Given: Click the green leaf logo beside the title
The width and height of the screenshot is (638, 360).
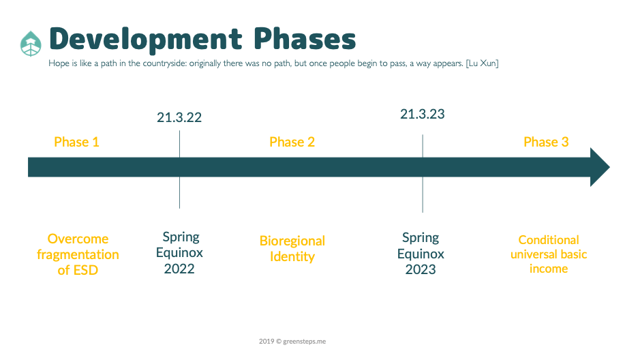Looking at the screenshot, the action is tap(31, 44).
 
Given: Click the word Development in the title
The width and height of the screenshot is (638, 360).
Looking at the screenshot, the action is tap(146, 40).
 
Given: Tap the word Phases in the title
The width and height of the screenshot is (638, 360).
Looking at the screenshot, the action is tap(305, 39).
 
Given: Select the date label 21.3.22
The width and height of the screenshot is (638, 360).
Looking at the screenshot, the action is tap(179, 117).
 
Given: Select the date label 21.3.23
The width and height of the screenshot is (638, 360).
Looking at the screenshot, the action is tap(423, 114).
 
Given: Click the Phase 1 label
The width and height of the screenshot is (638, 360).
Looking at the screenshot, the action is tap(76, 142).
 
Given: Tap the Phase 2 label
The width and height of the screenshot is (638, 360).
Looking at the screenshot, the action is tap(292, 142).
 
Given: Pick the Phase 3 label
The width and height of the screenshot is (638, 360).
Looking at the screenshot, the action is tap(546, 142).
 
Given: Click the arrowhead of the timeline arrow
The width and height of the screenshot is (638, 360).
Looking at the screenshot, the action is tap(599, 167).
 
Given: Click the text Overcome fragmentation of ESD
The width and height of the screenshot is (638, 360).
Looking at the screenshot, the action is tap(78, 254).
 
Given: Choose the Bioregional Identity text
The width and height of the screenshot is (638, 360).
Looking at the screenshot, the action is tap(292, 249).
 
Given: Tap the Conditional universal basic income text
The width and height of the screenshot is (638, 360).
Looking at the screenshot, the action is tap(549, 254).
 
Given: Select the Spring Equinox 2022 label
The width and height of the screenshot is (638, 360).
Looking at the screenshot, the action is tap(179, 252).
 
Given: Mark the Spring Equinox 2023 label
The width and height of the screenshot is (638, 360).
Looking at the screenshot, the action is tap(421, 254).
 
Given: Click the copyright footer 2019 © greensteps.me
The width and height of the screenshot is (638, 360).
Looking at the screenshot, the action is tap(292, 342).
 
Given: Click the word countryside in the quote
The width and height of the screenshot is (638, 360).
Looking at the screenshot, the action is tap(165, 63).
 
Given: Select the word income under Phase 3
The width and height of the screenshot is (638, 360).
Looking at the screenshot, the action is tap(549, 269).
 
